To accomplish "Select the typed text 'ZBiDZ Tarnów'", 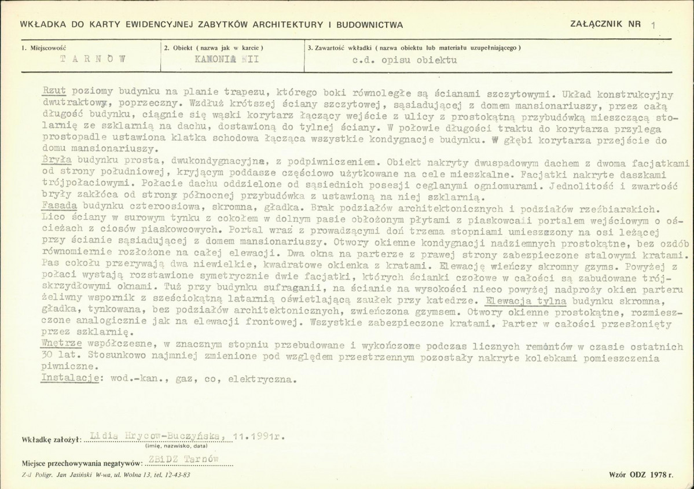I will [x=183, y=459].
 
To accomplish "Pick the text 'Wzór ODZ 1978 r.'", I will [x=641, y=475].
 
